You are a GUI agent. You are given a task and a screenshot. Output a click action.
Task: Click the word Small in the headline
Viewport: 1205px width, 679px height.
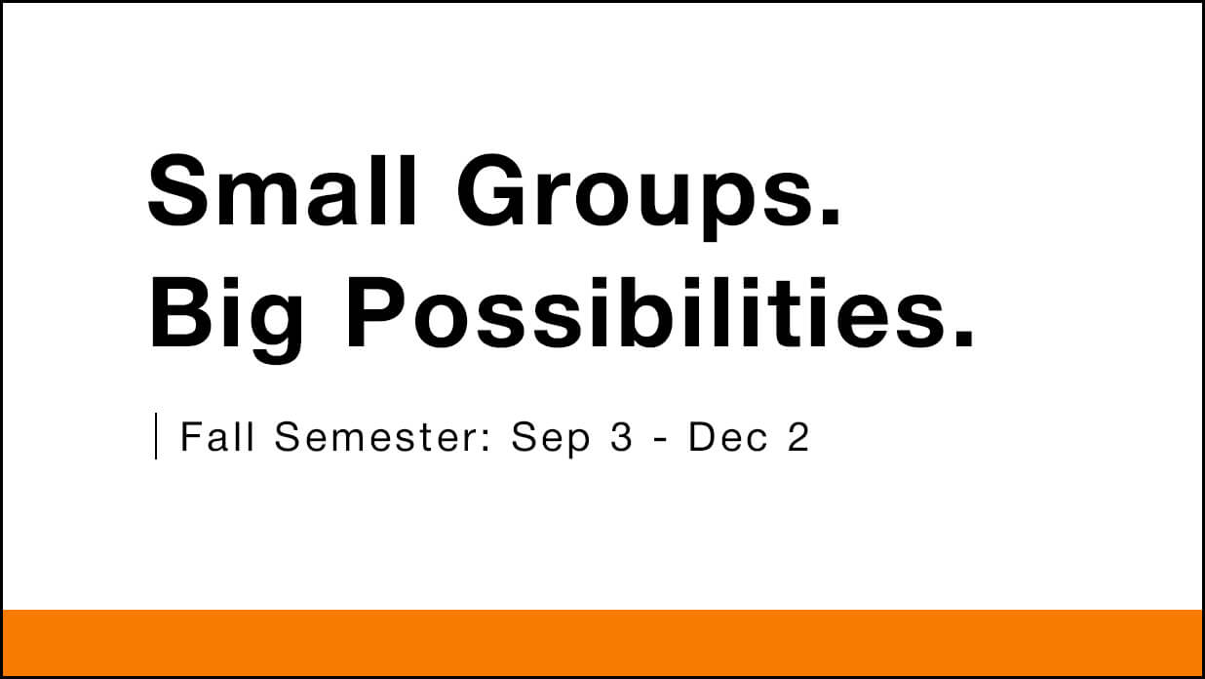282,190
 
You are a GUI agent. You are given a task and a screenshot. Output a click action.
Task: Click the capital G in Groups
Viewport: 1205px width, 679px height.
493,190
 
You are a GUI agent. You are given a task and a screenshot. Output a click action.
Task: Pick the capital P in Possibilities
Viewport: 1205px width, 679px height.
376,313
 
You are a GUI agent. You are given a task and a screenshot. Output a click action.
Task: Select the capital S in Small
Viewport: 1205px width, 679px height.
177,190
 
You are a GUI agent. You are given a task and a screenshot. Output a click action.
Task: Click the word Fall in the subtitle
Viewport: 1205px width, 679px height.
216,436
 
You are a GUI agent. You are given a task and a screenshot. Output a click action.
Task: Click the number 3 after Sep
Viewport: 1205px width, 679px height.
621,437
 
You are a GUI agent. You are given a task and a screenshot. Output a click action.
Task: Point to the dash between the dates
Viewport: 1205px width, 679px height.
661,440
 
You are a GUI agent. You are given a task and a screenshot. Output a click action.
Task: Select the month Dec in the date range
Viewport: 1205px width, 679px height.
728,437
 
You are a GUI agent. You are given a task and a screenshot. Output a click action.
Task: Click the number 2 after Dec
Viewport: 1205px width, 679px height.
798,436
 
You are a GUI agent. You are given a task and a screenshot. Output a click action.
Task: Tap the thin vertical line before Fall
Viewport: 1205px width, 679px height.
156,436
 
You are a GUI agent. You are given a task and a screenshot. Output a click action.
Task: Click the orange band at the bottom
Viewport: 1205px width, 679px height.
602,642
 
